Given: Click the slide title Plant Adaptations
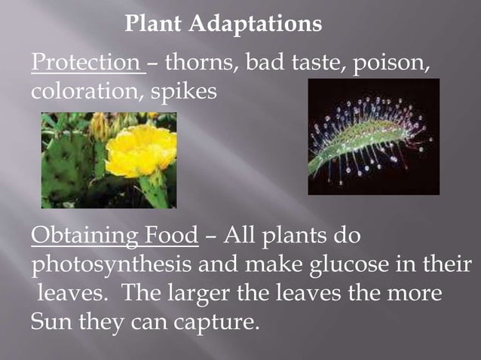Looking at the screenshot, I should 223,25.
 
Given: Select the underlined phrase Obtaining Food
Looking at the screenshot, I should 115,236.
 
